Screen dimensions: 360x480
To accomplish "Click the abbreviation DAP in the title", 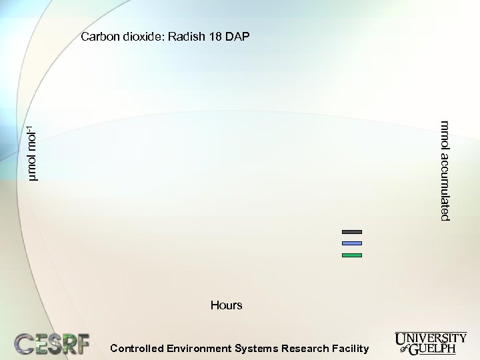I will pyautogui.click(x=237, y=37).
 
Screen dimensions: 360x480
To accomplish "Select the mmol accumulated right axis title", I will pyautogui.click(x=445, y=171).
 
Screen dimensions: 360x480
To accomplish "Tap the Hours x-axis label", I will pyautogui.click(x=226, y=305).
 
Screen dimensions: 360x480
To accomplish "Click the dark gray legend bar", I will pyautogui.click(x=351, y=231).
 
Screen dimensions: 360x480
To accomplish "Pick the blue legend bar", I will pyautogui.click(x=351, y=243).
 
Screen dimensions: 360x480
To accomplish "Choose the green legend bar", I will pyautogui.click(x=351, y=255).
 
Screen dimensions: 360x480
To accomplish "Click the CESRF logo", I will pyautogui.click(x=52, y=343).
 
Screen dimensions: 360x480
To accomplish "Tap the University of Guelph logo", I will pyautogui.click(x=431, y=342).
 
